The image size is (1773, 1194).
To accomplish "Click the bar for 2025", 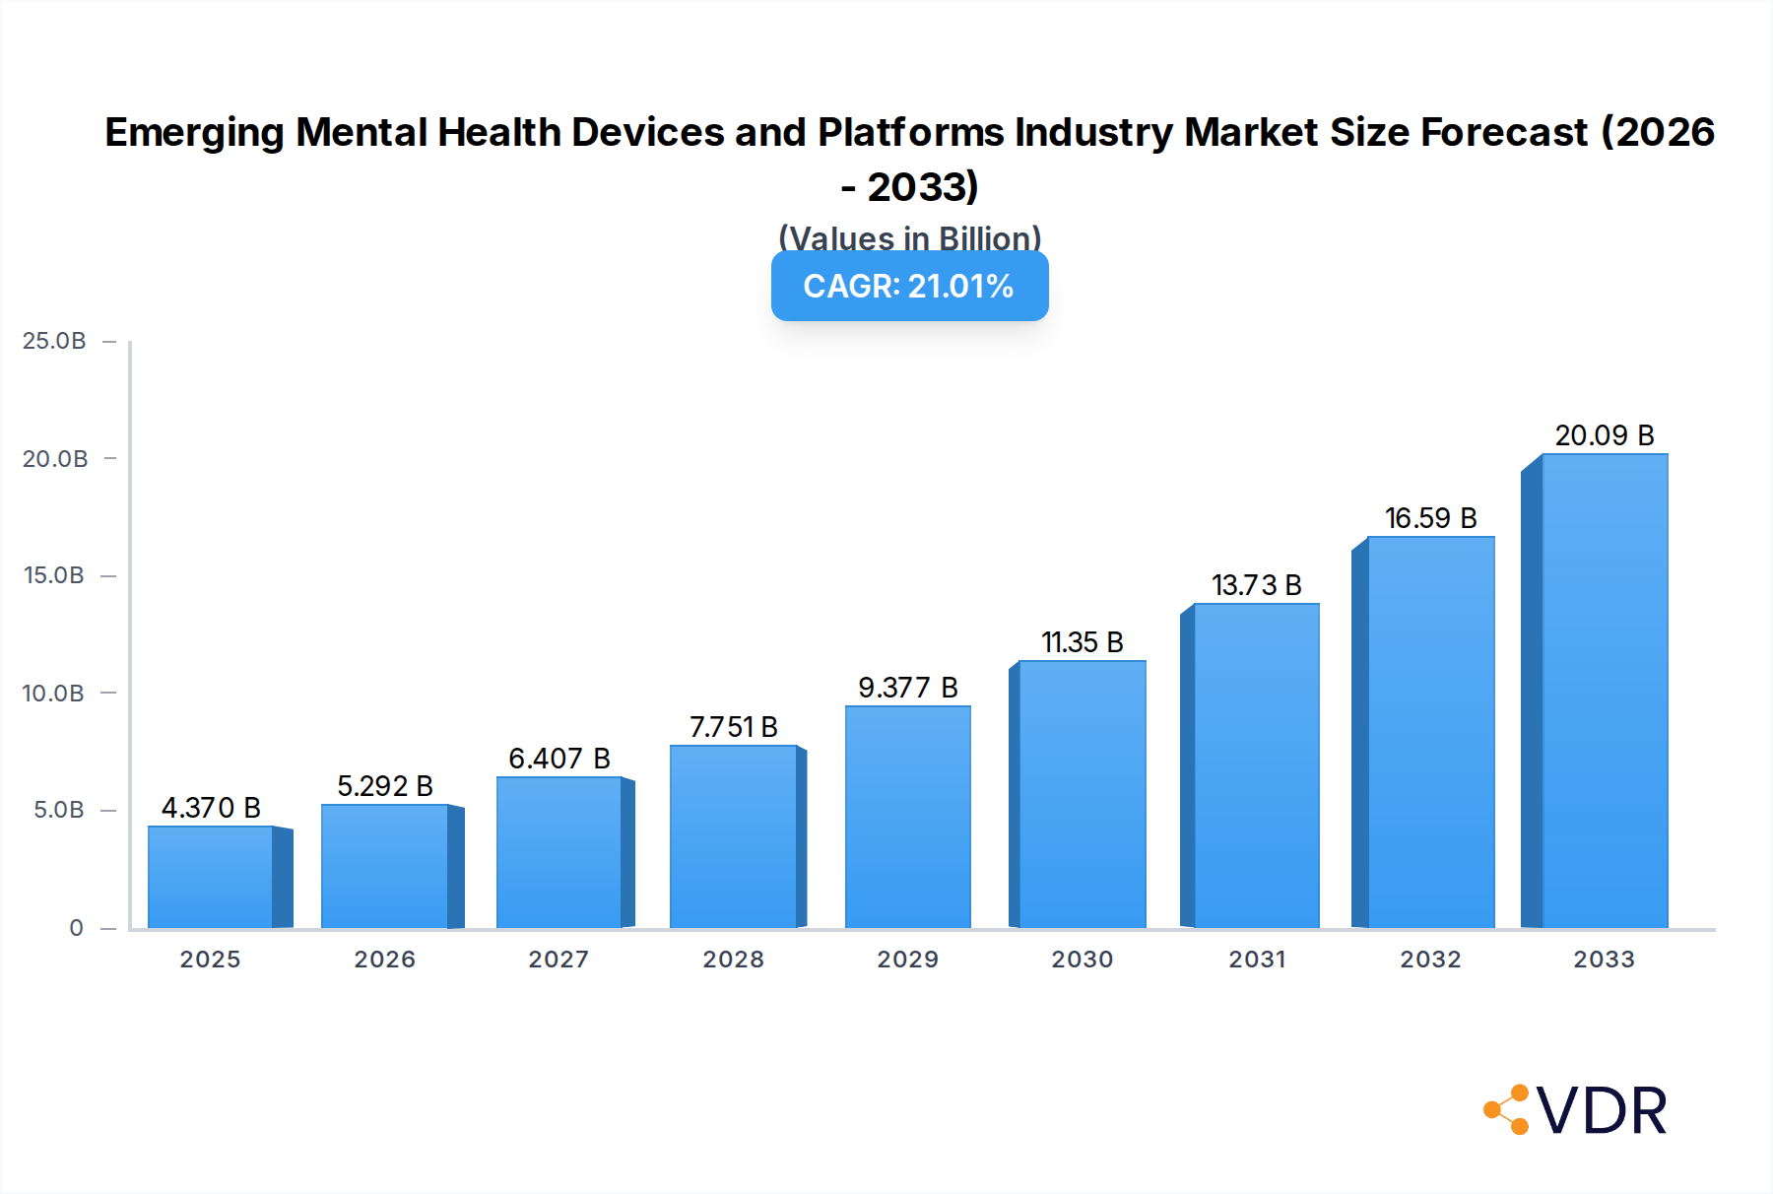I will [x=211, y=877].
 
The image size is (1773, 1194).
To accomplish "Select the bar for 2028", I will [x=733, y=836].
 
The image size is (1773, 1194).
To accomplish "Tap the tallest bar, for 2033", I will [x=1605, y=691].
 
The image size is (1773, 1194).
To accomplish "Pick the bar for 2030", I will [x=1083, y=794].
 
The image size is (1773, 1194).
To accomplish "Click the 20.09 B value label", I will [x=1605, y=435].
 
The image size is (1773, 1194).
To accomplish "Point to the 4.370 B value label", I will [x=211, y=808].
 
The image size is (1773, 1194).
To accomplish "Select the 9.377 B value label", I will [x=908, y=688].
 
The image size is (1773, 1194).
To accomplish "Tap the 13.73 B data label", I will [x=1257, y=585].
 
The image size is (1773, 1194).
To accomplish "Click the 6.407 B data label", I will [x=559, y=759].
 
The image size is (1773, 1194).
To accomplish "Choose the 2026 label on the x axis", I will [x=385, y=960].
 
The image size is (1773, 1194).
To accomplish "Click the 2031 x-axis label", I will [x=1257, y=960].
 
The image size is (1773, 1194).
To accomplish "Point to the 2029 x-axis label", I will [x=908, y=960].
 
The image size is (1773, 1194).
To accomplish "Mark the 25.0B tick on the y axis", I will [x=54, y=341].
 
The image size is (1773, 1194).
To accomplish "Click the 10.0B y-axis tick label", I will [x=53, y=694].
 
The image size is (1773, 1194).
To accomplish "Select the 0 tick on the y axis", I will [x=76, y=928].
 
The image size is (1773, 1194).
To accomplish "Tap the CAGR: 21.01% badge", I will [x=909, y=286].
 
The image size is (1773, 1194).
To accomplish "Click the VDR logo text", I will [x=1602, y=1111].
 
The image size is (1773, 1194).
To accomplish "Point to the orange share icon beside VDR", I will [x=1507, y=1110].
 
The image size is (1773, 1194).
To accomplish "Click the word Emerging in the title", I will [x=195, y=133].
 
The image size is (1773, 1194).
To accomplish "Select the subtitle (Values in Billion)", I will [x=909, y=237].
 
